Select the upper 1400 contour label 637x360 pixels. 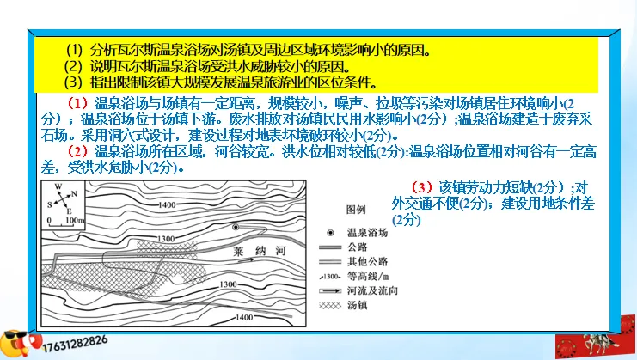(169, 204)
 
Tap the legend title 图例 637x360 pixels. (355, 211)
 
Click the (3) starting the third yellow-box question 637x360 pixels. (72, 82)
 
